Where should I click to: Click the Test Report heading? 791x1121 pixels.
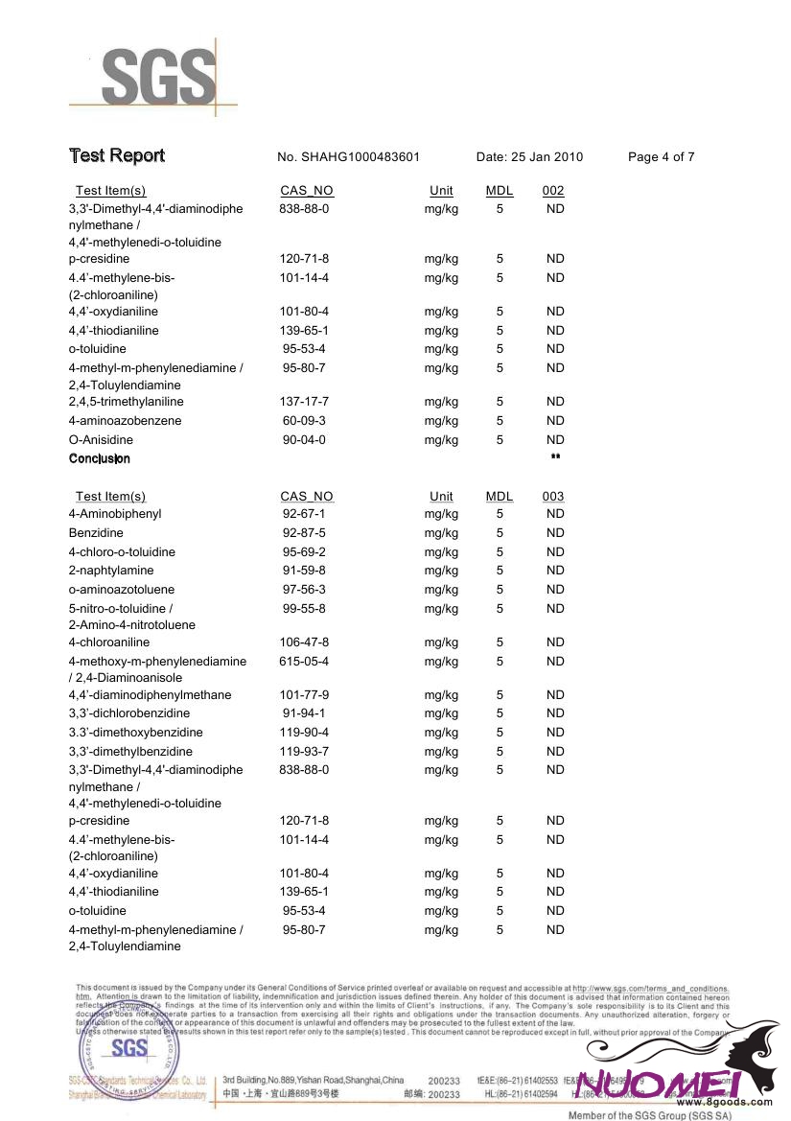pyautogui.click(x=116, y=155)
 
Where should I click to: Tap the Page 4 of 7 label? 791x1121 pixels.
pyautogui.click(x=661, y=157)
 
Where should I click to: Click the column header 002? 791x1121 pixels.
pyautogui.click(x=553, y=191)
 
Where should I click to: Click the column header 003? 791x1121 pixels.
pyautogui.click(x=553, y=497)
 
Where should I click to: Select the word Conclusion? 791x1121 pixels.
pyautogui.click(x=99, y=458)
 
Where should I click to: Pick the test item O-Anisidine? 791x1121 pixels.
pyautogui.click(x=101, y=440)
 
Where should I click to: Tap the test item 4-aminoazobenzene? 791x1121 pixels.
pyautogui.click(x=125, y=421)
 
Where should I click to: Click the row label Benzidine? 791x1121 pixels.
pyautogui.click(x=96, y=533)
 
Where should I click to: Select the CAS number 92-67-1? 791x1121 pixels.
pyautogui.click(x=304, y=514)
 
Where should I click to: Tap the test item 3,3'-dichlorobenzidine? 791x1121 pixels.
pyautogui.click(x=128, y=713)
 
